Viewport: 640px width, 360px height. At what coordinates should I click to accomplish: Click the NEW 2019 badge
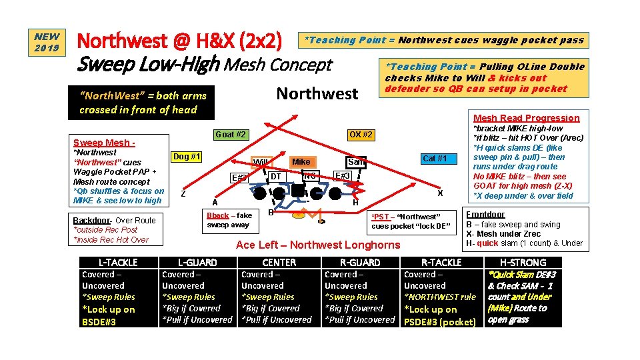tap(47, 43)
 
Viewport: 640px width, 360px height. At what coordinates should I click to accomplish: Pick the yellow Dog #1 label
tap(187, 157)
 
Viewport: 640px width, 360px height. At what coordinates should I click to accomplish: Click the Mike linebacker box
tap(301, 161)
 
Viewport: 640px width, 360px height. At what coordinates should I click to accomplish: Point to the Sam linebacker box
tap(355, 162)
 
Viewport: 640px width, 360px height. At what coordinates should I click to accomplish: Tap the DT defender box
tap(275, 176)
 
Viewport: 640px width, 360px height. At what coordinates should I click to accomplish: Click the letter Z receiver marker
tap(183, 193)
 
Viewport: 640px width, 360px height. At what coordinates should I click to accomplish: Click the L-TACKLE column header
tap(118, 263)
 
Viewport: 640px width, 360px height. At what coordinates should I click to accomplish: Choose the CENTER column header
tap(279, 263)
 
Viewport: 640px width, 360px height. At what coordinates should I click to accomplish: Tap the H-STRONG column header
tap(523, 263)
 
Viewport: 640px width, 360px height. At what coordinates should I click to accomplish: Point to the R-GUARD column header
tap(360, 263)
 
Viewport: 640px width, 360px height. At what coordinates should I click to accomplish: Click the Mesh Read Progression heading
tap(526, 118)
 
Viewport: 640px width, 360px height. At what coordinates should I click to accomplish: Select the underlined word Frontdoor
tap(485, 214)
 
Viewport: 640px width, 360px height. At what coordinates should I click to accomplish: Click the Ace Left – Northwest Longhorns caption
tap(318, 245)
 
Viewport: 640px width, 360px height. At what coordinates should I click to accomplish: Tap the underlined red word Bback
tap(217, 215)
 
